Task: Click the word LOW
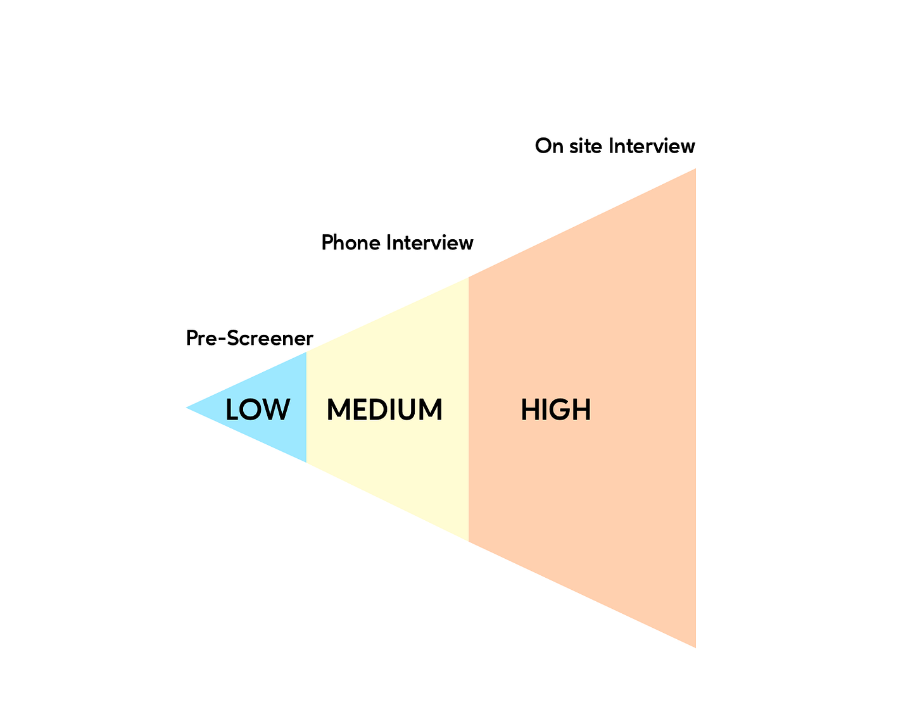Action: point(258,410)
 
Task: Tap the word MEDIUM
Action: point(384,410)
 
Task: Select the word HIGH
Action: point(555,410)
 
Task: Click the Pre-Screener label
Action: point(249,339)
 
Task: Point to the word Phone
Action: point(351,242)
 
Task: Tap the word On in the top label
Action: point(548,146)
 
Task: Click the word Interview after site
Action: point(652,146)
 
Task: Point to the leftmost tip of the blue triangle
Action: point(187,408)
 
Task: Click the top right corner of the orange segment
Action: point(695,170)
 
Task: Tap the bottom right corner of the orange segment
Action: point(695,646)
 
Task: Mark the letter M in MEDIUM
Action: point(338,410)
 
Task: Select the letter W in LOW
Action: point(277,410)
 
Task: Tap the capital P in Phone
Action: point(327,242)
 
